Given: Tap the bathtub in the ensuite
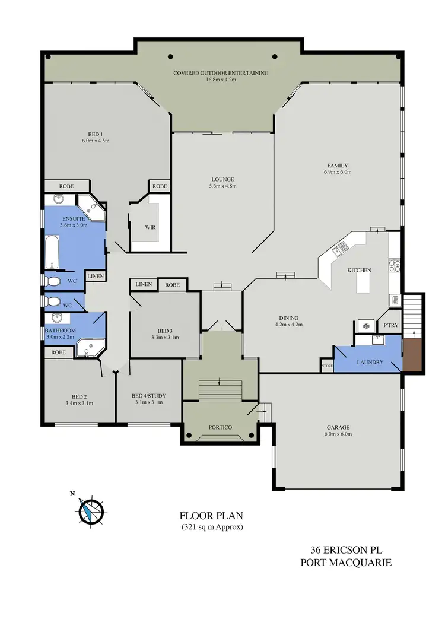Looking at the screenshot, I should coord(52,252).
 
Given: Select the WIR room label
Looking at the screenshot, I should coord(150,227).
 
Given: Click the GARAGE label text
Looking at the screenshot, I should coord(338,427).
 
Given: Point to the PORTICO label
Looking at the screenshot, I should coord(220,427).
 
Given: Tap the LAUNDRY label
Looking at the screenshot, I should coord(370,362).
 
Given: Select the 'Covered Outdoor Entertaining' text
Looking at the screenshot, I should coord(221,73).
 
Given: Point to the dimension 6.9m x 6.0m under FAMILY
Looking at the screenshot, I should coord(338,173).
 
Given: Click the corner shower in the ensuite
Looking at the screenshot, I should coord(93,205).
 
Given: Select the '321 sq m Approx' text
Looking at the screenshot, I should coord(212,527).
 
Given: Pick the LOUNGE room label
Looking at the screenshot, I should coord(223,179).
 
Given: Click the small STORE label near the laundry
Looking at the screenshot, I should coord(326,366).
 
